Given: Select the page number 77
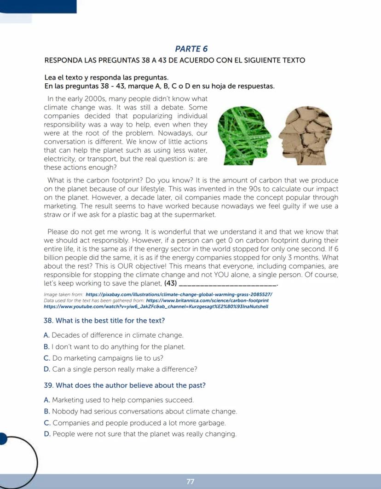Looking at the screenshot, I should (190, 481).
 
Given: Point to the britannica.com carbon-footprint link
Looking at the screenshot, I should (207, 299).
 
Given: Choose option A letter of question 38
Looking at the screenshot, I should (46, 335).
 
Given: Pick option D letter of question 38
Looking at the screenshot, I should (46, 369).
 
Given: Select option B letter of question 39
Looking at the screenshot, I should (46, 411).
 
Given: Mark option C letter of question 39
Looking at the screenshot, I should (46, 423).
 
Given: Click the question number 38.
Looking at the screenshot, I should (48, 320).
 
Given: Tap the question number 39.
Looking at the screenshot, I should (48, 385).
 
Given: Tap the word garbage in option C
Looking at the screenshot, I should (213, 423).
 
